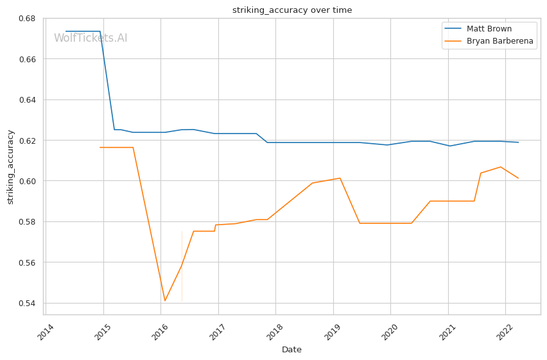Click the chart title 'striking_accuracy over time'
(292, 10)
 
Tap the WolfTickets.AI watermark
(91, 38)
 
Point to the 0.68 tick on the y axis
(27, 18)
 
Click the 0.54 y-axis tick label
(27, 304)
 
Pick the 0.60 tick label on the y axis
(27, 181)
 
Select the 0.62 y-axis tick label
(27, 141)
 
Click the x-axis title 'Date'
(292, 350)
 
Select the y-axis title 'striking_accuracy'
(11, 167)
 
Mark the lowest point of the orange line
(165, 301)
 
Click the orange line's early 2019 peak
(340, 178)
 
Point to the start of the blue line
(65, 31)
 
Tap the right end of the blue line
(518, 142)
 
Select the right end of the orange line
(518, 178)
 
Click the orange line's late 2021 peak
(501, 167)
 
